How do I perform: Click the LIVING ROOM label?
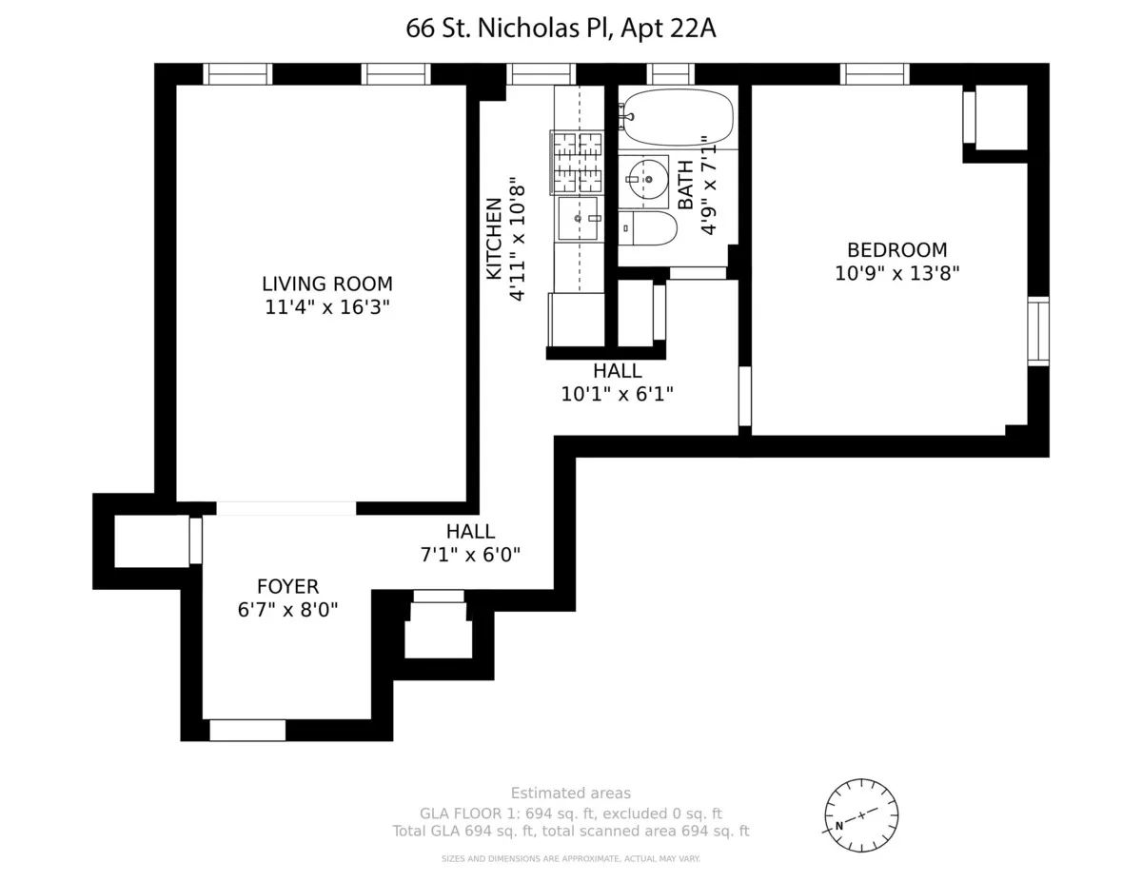[326, 284]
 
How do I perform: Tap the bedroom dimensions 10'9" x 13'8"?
[896, 273]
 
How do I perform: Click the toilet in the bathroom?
[647, 228]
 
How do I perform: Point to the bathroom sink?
[648, 179]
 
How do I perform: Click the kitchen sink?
[578, 218]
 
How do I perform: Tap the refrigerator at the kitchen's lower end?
[576, 319]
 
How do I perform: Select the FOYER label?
[287, 587]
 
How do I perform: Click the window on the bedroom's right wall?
[1038, 331]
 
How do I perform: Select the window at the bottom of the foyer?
[247, 730]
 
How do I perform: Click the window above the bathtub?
[671, 74]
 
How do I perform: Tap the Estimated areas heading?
[570, 794]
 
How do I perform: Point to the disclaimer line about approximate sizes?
[570, 858]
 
